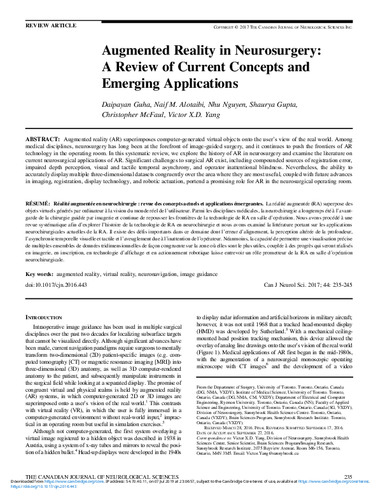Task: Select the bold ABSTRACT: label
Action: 42,138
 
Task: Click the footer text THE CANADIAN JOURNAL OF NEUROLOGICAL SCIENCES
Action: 92,476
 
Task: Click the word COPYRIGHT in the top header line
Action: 227,28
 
